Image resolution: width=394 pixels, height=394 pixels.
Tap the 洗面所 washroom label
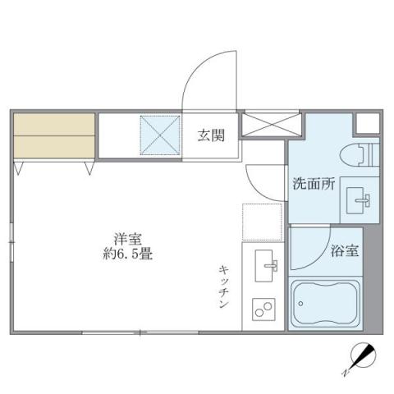coord(314,185)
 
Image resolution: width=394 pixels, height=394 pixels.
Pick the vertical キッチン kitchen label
coord(224,286)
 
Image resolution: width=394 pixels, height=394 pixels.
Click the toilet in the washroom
coord(359,153)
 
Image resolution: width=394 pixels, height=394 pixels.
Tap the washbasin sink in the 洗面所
coord(361,199)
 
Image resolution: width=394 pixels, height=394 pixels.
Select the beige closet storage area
coord(54,134)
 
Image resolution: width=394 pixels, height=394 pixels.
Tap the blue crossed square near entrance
coord(159,134)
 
